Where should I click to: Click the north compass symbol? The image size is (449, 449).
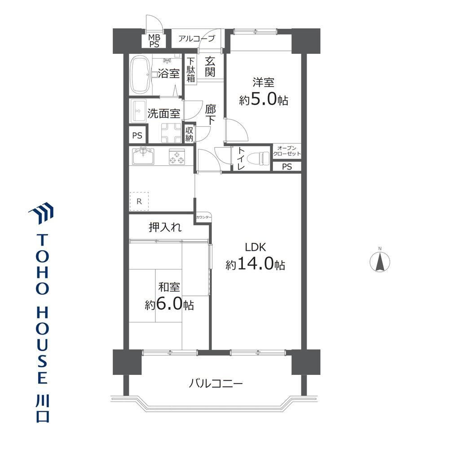(x=380, y=261)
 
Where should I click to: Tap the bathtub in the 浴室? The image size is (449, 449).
(x=141, y=75)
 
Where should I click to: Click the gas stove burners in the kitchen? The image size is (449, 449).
(x=176, y=157)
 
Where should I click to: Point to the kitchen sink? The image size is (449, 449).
(x=143, y=156)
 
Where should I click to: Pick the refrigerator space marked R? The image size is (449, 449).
(x=139, y=201)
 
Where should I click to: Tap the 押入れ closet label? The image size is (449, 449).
(x=165, y=227)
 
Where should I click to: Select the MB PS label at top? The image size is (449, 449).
(x=154, y=41)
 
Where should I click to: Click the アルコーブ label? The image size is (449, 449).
(x=197, y=38)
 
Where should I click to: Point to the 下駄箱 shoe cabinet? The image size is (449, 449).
(x=191, y=70)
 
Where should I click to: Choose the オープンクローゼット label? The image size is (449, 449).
(x=286, y=151)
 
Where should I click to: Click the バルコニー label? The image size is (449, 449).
(x=216, y=383)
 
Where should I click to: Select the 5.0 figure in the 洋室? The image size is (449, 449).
(x=264, y=99)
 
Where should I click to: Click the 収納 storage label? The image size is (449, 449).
(x=189, y=134)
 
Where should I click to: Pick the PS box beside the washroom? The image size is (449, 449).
(x=137, y=135)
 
